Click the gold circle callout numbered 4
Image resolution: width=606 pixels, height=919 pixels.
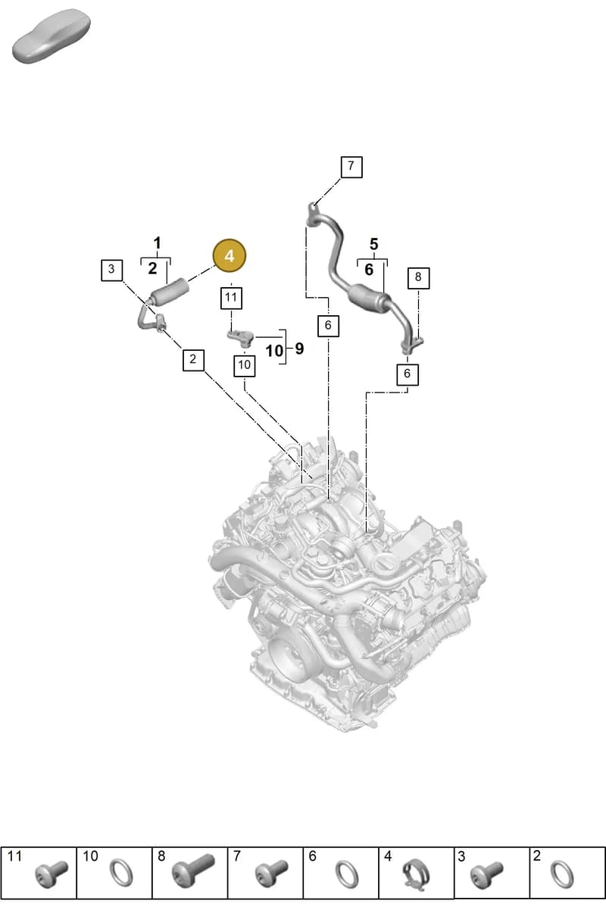tap(230, 255)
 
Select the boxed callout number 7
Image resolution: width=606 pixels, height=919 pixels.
tap(351, 167)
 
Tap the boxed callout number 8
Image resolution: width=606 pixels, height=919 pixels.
tap(418, 278)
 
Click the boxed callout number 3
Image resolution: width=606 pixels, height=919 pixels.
tap(111, 270)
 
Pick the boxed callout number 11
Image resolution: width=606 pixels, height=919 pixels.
tap(231, 299)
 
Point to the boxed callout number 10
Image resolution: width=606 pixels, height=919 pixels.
tap(245, 365)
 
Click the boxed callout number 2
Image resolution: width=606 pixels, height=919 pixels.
tap(193, 360)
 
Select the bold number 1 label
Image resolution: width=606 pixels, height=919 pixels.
tap(157, 243)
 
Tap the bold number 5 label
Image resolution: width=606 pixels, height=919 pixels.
tap(373, 244)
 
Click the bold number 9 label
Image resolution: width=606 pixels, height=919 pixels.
tap(299, 349)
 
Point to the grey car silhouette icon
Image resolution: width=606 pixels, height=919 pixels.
tap(52, 36)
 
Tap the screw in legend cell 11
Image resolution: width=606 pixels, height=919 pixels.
tap(52, 874)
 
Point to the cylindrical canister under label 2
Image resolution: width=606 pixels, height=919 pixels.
tap(169, 292)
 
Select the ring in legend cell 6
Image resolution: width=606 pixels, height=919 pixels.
tap(347, 874)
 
